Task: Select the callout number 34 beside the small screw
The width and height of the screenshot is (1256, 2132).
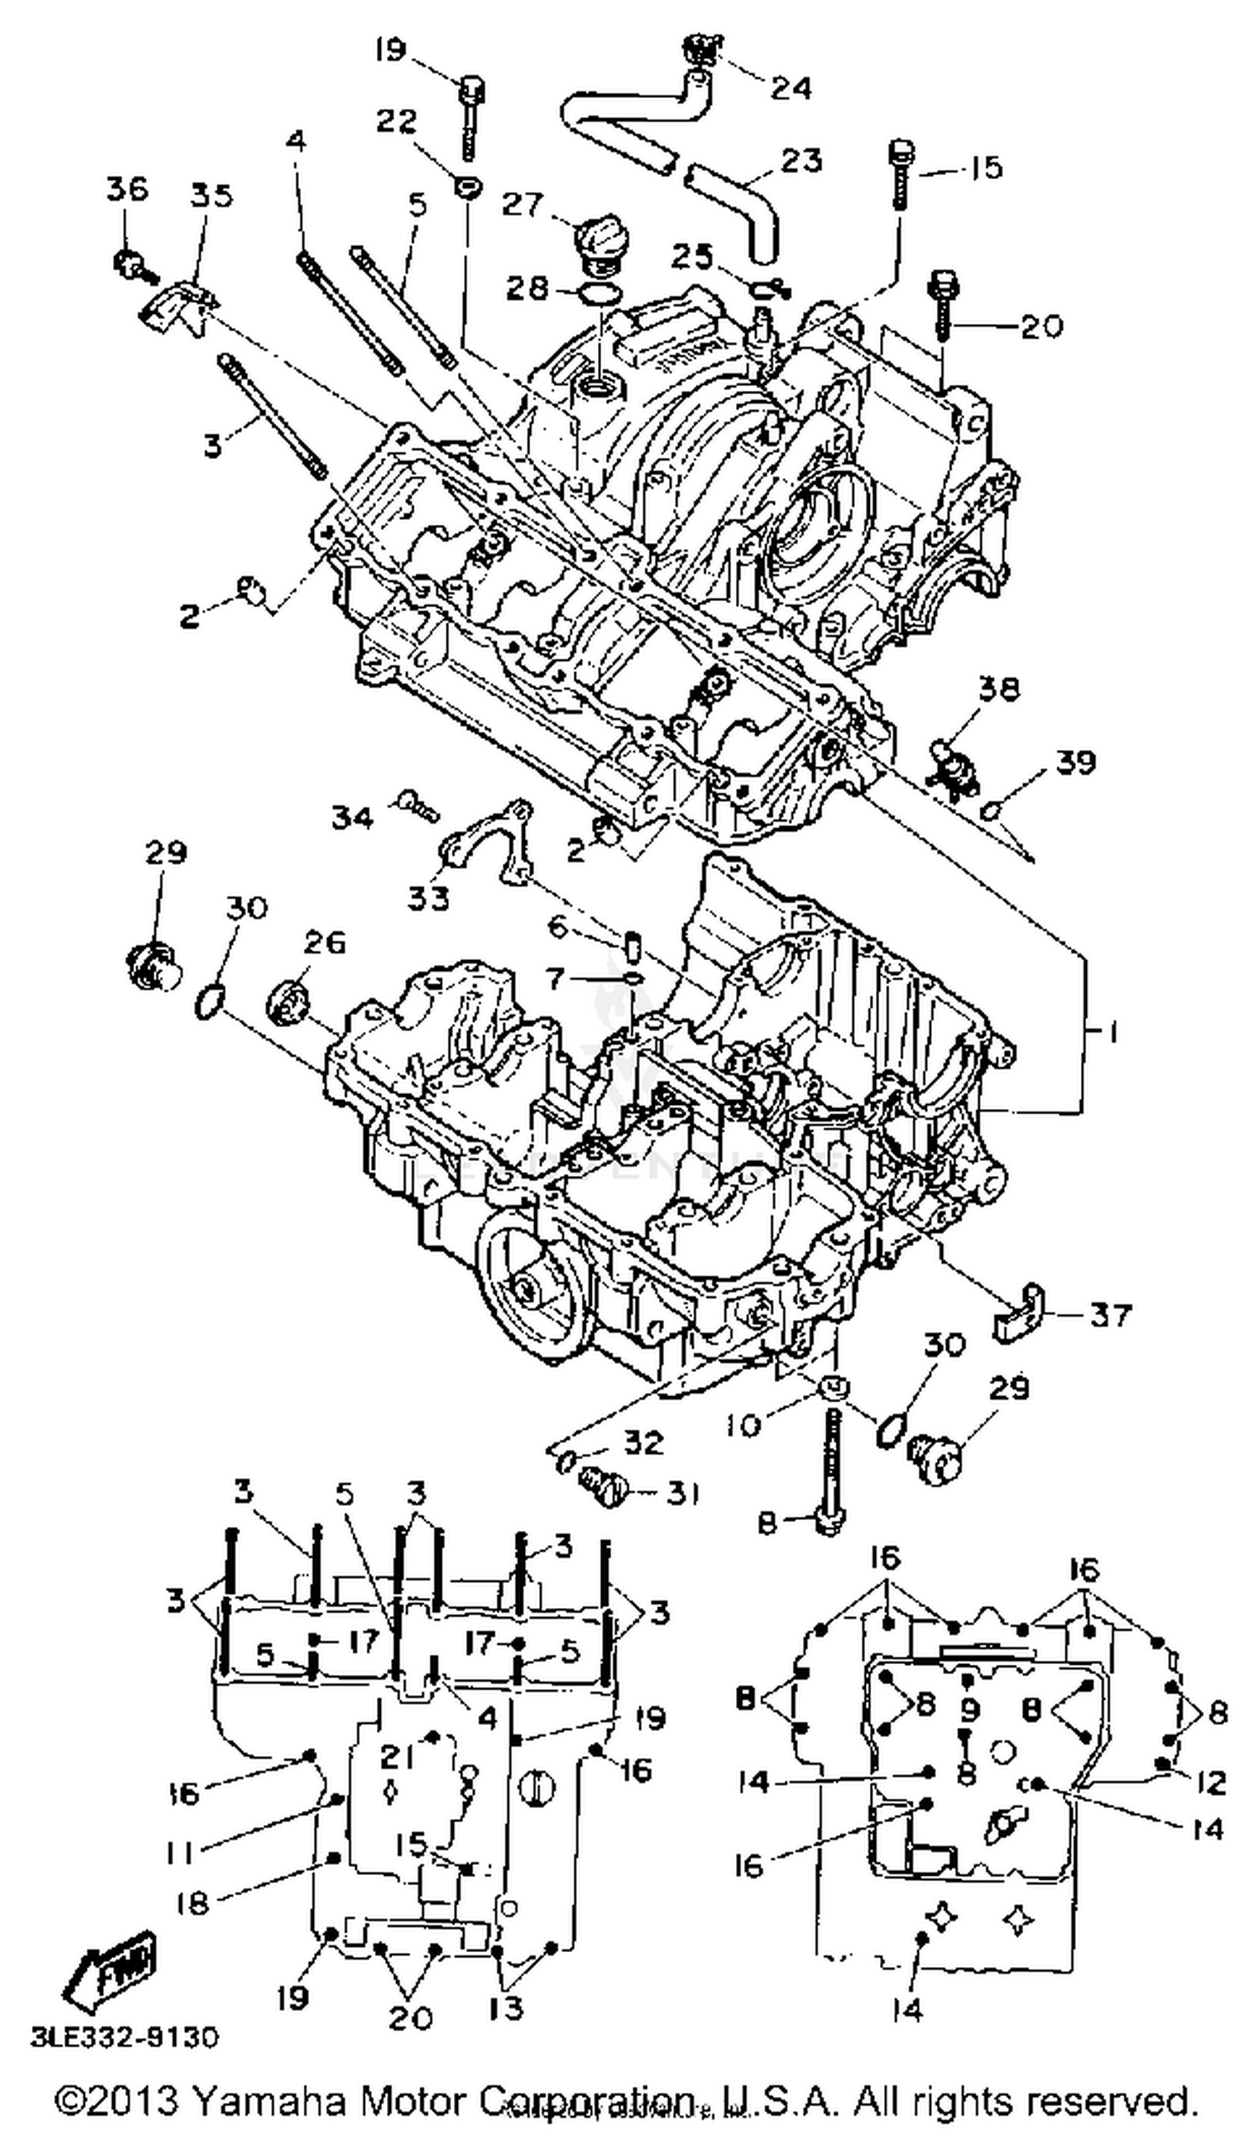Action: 351,817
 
